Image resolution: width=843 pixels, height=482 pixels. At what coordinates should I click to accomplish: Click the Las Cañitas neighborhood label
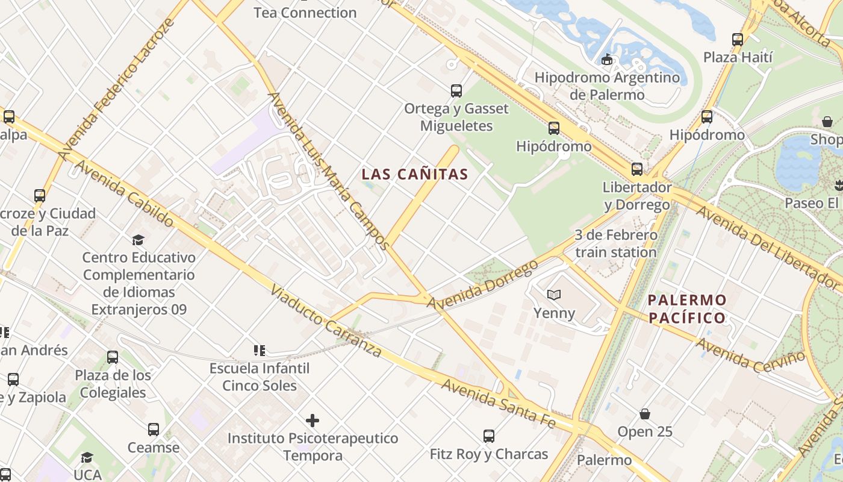point(415,175)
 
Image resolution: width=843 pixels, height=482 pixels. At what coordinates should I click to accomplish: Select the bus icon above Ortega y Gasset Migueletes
point(456,91)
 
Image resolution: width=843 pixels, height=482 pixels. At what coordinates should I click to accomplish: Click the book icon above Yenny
point(554,295)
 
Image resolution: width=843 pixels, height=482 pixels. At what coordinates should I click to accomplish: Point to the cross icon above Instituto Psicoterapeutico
point(313,421)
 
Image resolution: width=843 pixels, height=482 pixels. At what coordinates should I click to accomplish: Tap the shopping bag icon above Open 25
point(645,414)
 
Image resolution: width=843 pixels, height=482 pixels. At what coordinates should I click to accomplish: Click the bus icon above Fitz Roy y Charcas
point(489,436)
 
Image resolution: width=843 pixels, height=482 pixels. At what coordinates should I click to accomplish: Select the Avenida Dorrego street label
point(482,285)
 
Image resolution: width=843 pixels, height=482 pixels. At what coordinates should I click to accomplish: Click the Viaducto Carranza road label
point(326,321)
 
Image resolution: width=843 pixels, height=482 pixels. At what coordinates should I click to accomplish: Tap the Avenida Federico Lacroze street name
point(116,89)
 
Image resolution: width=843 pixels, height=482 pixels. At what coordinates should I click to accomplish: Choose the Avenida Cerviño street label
point(751,355)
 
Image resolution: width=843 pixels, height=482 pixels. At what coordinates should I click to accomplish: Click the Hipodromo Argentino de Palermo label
point(607,86)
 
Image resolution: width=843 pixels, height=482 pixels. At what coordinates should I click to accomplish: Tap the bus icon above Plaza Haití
point(738,40)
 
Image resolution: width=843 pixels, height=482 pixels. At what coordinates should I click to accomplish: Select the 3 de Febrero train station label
point(615,243)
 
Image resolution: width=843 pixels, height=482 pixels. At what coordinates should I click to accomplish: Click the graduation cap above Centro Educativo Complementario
point(138,240)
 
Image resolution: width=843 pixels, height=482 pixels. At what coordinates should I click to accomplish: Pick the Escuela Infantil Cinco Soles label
point(260,377)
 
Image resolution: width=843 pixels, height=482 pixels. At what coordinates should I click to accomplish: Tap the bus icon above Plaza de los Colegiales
point(113,357)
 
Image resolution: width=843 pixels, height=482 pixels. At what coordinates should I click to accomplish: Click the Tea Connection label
point(305,12)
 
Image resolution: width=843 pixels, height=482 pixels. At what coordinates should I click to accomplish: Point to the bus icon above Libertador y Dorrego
point(637,169)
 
